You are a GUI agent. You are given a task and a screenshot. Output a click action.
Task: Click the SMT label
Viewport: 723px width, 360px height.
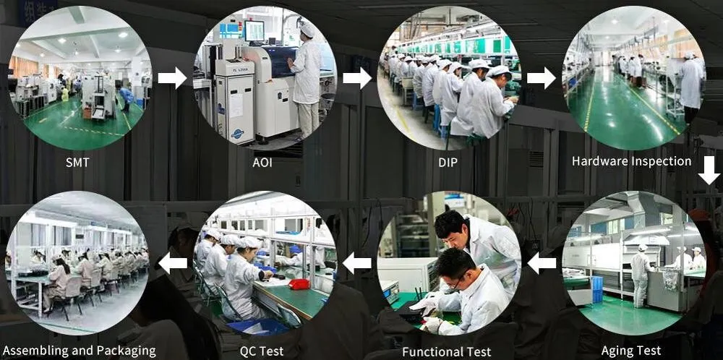tap(77, 162)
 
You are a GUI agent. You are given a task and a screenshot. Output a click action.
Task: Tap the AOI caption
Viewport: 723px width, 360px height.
tap(262, 162)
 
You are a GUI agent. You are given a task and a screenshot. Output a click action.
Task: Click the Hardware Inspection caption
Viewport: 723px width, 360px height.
tap(631, 161)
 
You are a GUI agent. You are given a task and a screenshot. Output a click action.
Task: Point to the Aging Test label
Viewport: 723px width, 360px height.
tap(630, 351)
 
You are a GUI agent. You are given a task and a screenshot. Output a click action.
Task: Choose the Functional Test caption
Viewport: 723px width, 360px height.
tap(446, 352)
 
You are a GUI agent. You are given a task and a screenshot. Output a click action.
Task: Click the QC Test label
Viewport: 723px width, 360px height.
tap(261, 351)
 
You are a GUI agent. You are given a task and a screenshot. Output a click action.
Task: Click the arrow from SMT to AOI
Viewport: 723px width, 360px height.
tap(172, 77)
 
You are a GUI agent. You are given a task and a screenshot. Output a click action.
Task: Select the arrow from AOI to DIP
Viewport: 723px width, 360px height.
tap(356, 77)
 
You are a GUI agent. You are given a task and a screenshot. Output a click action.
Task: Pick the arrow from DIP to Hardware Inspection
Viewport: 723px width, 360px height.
tap(541, 77)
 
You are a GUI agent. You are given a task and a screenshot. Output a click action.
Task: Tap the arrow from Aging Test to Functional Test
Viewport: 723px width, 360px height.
tap(542, 263)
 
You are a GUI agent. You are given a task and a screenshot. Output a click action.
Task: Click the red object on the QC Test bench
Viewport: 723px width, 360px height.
tap(299, 283)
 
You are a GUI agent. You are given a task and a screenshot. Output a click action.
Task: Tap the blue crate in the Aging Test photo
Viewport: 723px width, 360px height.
tap(596, 288)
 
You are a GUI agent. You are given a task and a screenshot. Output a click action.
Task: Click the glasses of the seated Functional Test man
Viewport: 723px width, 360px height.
tap(455, 282)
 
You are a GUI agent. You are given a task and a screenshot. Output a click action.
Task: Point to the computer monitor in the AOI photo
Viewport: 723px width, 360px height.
tap(254, 30)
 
